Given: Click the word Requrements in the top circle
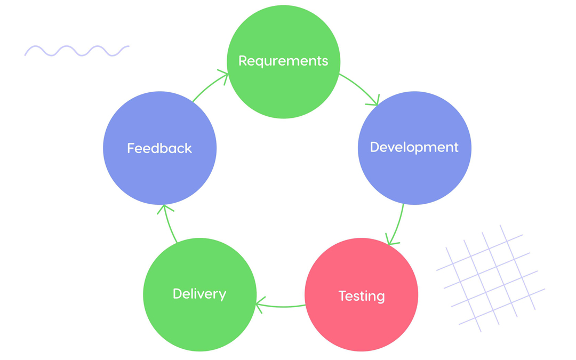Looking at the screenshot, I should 283,61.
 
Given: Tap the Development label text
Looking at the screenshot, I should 414,147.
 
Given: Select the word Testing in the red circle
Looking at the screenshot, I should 362,295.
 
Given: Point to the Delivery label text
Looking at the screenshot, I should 199,294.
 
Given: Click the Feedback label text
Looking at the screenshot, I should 159,148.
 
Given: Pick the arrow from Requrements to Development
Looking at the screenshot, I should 360,87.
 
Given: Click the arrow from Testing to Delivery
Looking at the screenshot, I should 281,306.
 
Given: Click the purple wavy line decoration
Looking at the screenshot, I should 77,51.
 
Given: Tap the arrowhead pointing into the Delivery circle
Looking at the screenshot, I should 260,306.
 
